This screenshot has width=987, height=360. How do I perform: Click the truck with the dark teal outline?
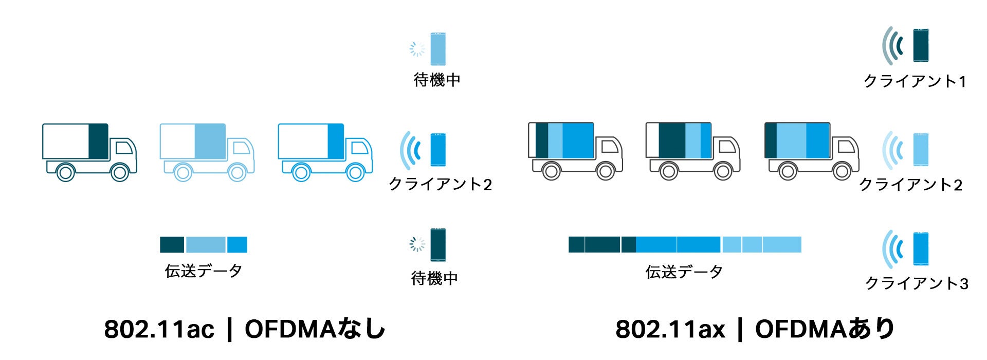(88, 152)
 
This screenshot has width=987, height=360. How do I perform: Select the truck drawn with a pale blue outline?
(206, 152)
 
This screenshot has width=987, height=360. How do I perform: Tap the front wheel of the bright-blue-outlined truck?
(355, 172)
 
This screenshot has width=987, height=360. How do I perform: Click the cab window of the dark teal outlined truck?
(123, 148)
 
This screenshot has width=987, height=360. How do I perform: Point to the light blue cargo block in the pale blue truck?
(210, 141)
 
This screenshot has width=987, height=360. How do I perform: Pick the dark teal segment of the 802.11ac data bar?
(172, 245)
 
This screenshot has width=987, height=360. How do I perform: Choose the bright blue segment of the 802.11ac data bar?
(237, 245)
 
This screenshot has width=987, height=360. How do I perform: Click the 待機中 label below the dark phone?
(434, 279)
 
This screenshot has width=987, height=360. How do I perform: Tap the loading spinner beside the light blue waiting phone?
(417, 49)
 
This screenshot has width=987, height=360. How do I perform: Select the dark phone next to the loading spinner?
(438, 245)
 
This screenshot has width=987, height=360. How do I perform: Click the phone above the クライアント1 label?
(921, 45)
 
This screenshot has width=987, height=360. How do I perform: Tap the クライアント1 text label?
(915, 81)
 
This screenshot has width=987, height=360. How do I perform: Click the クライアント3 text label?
(917, 283)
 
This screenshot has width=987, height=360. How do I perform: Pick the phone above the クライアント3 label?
(921, 249)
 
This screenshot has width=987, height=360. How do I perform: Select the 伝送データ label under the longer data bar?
(684, 272)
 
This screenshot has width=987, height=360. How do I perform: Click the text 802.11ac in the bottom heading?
(159, 329)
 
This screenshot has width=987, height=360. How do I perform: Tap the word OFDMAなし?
(315, 329)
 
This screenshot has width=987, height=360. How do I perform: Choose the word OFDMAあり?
(825, 329)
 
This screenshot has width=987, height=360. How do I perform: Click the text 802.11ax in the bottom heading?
(670, 329)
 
